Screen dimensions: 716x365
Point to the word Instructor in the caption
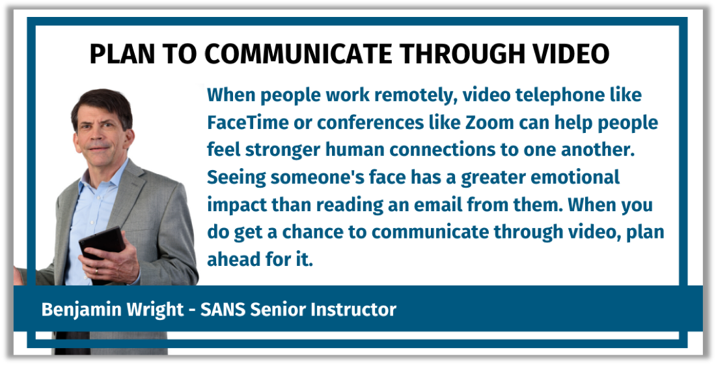tap(353, 310)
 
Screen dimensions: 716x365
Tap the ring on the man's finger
tap(96, 272)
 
